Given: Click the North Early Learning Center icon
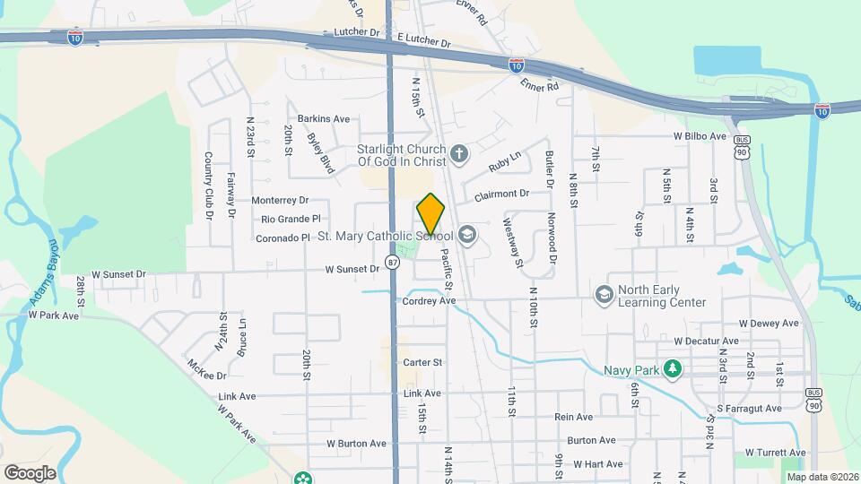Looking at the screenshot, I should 604,294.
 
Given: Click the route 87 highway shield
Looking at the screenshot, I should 393,262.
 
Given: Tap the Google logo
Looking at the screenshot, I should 30,472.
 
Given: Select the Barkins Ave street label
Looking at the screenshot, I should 324,118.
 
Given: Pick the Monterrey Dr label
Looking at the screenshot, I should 280,200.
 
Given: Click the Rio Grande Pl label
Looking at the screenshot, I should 291,219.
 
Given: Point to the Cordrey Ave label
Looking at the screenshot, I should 430,301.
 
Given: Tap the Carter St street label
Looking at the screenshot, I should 423,362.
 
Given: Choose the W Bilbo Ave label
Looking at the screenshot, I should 700,136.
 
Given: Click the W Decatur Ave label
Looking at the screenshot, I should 707,341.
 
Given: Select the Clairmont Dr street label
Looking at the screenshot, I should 502,194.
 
